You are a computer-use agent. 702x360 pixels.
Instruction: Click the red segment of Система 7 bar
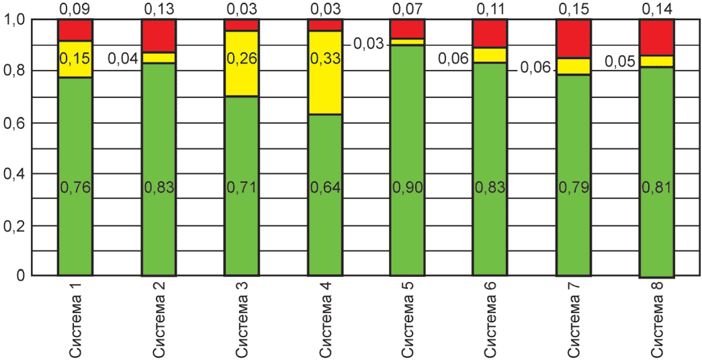[574, 38]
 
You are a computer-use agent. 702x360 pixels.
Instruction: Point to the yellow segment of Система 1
[75, 59]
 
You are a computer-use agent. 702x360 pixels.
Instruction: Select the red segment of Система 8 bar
[657, 37]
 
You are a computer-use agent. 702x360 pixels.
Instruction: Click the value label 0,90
[408, 188]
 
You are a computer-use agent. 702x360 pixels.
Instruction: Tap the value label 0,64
[325, 188]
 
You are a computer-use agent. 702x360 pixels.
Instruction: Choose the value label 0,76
[75, 188]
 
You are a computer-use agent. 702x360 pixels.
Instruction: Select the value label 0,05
[619, 62]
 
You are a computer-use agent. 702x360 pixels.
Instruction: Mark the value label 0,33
[325, 58]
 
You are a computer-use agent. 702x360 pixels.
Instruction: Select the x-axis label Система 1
[75, 319]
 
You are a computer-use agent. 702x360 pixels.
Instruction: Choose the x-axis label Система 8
[658, 319]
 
